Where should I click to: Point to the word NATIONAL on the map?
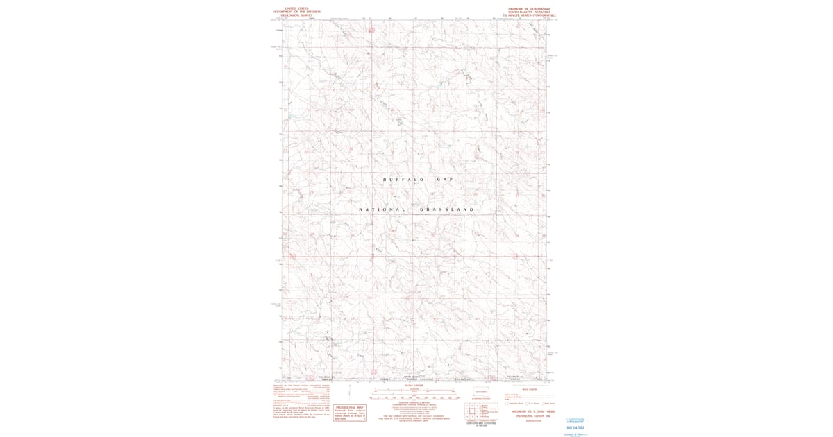[382, 209]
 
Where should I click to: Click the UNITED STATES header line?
[291, 9]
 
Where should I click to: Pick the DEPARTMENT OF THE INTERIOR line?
[291, 12]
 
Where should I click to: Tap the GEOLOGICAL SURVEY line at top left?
[291, 16]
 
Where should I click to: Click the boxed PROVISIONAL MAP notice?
[350, 412]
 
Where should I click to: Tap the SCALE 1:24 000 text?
[416, 386]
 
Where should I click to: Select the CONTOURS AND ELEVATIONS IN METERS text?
[480, 425]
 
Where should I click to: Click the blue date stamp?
[577, 425]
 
